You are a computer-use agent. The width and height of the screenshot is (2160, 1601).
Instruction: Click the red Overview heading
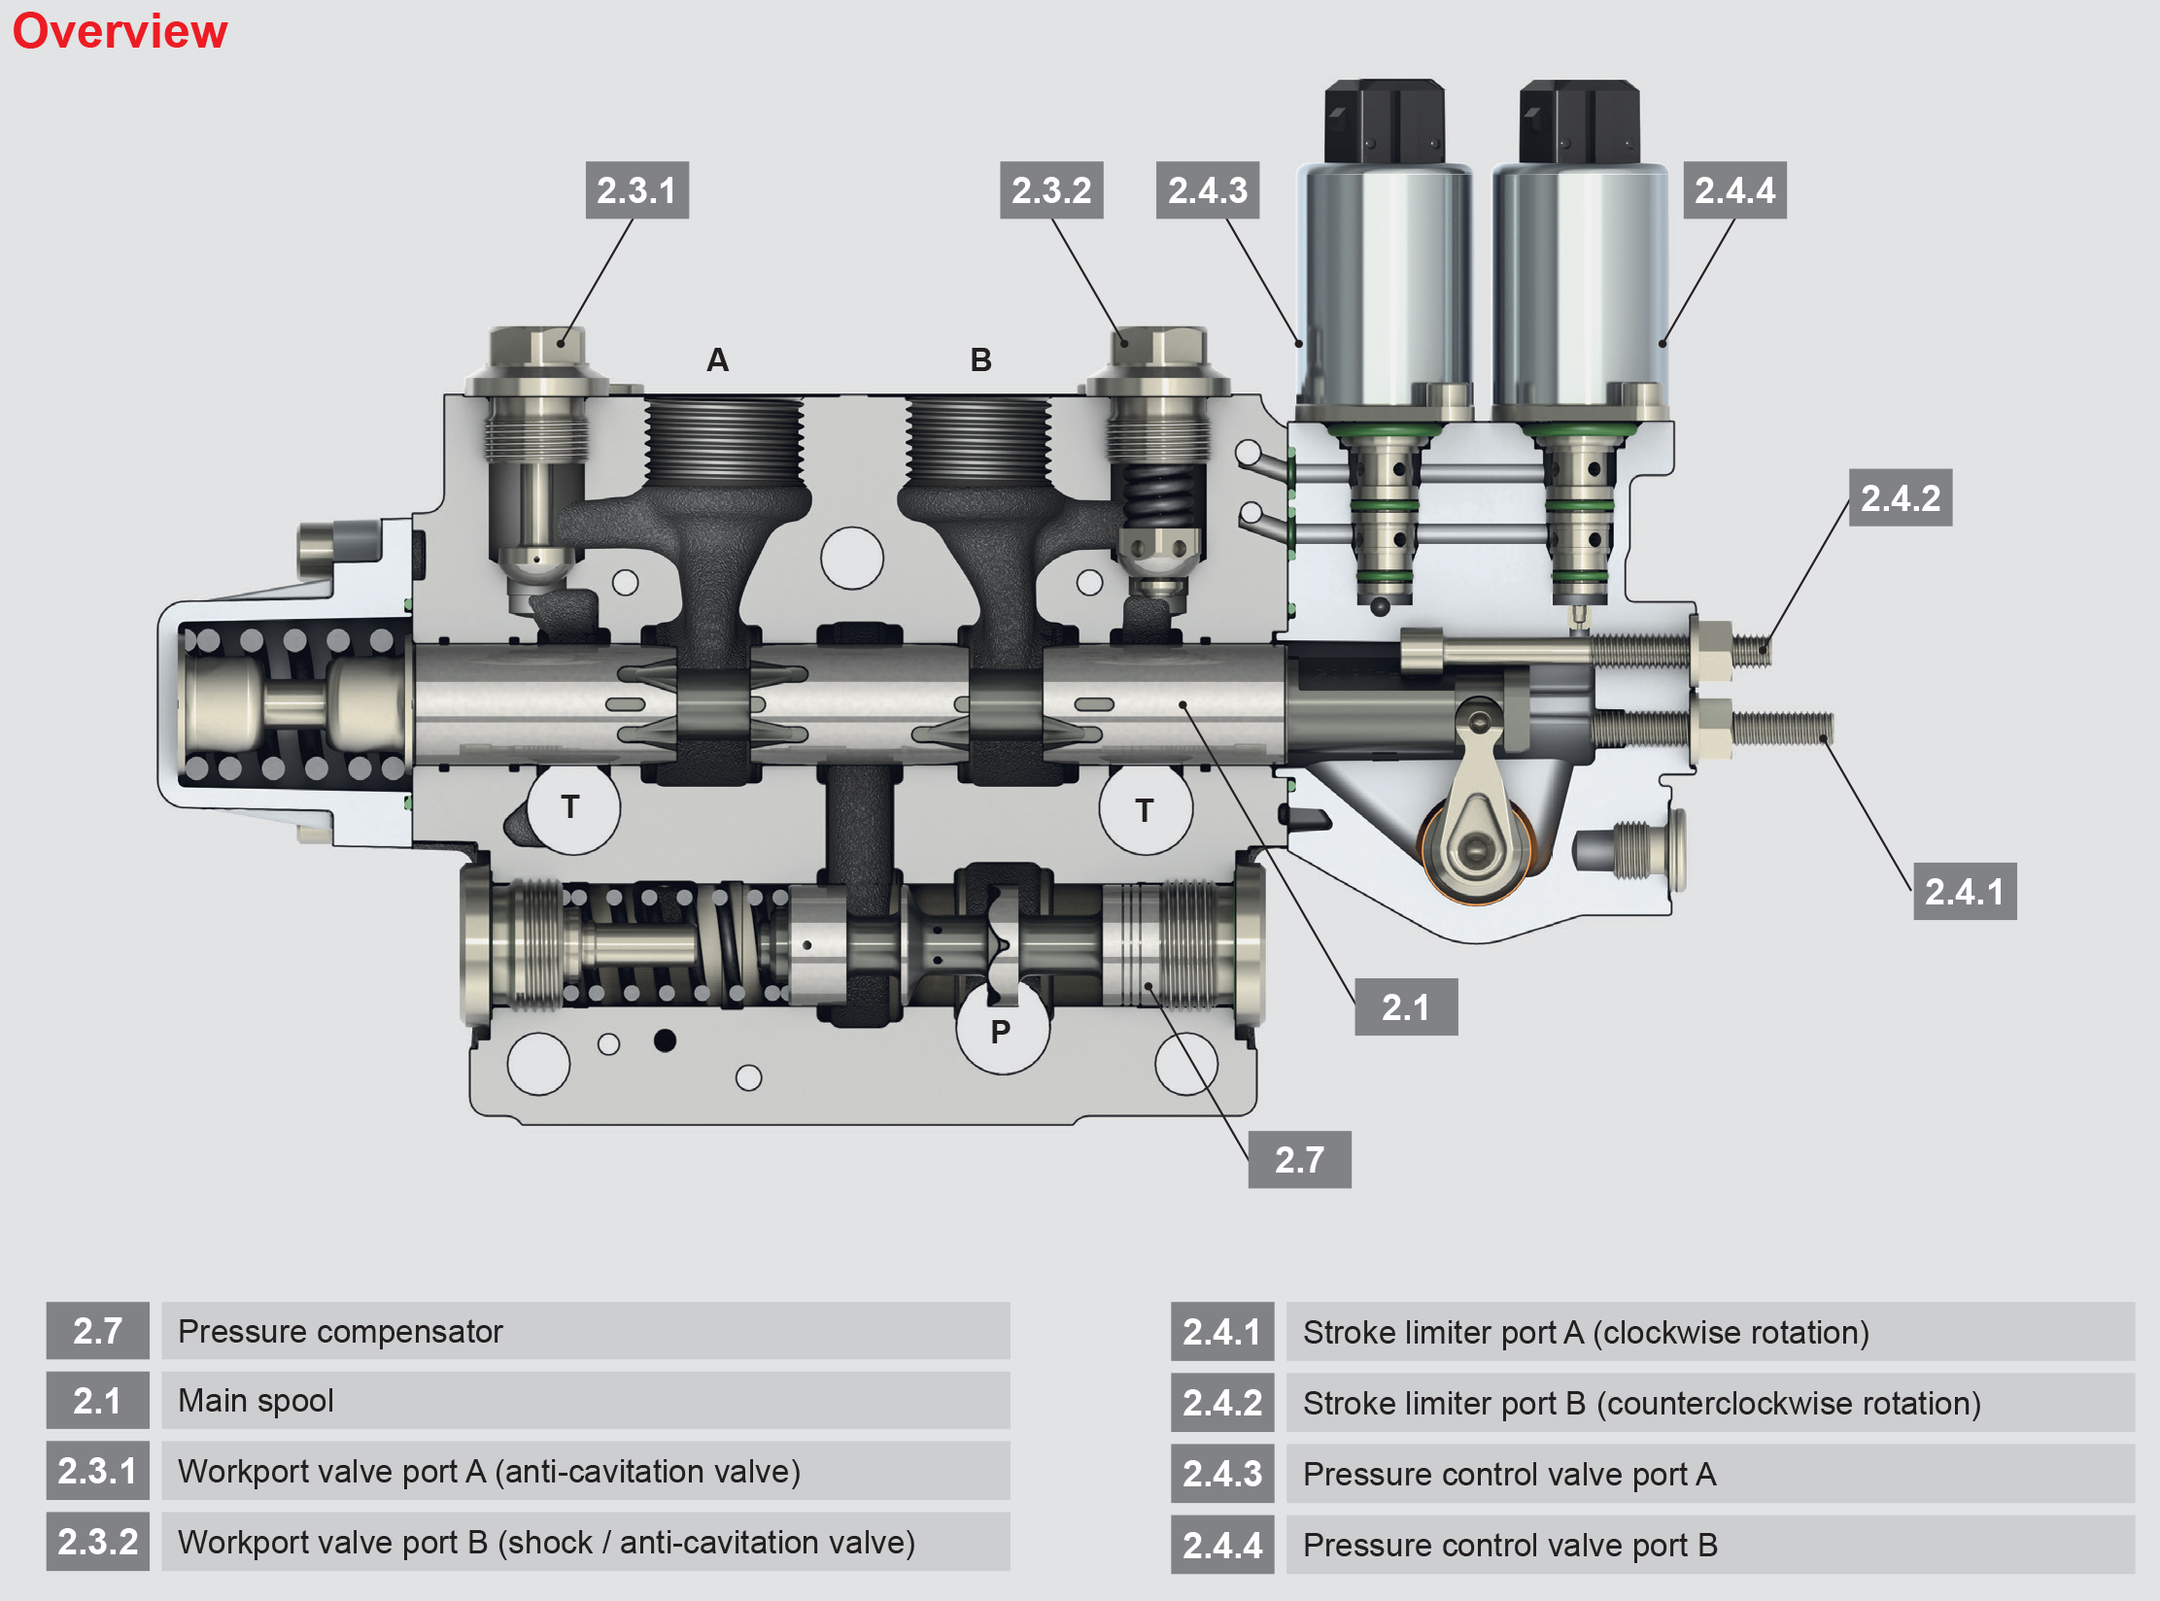(x=120, y=31)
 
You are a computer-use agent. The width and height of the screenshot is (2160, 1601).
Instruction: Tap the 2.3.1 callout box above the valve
(x=636, y=190)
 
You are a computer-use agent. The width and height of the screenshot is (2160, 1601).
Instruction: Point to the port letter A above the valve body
(x=717, y=360)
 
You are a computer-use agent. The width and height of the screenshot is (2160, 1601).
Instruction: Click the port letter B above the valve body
(x=980, y=360)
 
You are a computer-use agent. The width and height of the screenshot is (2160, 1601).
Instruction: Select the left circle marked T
(x=571, y=807)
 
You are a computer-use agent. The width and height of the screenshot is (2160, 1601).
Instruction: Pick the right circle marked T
(x=1145, y=809)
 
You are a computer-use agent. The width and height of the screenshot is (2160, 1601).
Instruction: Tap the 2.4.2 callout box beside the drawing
(x=1900, y=498)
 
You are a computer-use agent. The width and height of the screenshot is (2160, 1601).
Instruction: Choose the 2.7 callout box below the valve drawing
(x=1299, y=1159)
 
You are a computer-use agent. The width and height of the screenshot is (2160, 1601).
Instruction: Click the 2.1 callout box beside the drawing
(x=1405, y=1007)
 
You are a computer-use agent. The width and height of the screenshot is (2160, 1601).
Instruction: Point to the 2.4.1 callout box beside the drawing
(x=1964, y=891)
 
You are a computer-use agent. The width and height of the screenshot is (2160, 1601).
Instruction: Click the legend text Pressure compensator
(x=340, y=1331)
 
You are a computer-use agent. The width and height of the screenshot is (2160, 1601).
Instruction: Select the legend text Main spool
(x=256, y=1401)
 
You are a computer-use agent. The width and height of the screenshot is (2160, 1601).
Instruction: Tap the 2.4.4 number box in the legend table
(x=1221, y=1545)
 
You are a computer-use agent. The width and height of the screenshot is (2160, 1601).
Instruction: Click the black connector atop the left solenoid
(x=1385, y=121)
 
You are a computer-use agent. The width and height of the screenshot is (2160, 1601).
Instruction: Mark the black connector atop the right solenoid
(x=1579, y=121)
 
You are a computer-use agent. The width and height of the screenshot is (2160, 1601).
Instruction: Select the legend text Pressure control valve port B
(x=1510, y=1545)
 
